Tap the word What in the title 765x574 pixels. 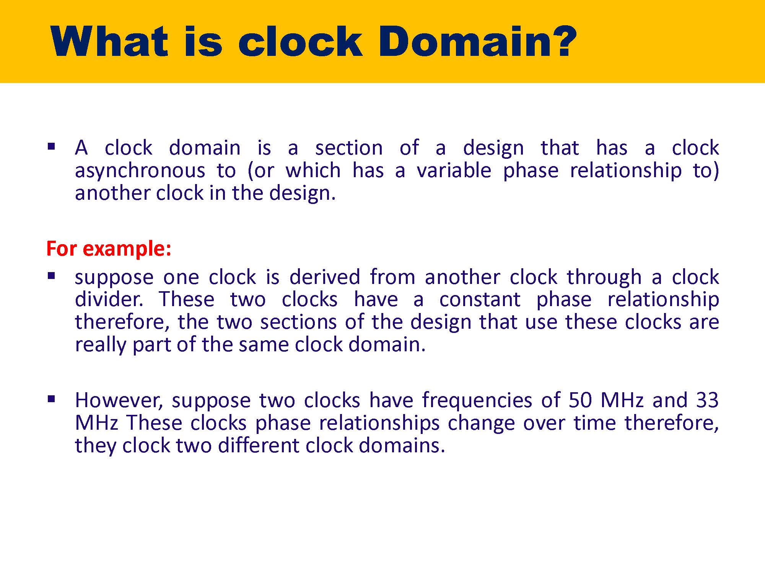[x=109, y=41]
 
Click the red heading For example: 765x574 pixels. [x=109, y=249]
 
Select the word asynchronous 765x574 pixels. [x=140, y=171]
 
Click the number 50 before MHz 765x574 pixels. [x=580, y=400]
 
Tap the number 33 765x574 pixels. [x=707, y=400]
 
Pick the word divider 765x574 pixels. [x=109, y=299]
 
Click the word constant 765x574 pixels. [x=480, y=300]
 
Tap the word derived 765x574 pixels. [x=325, y=277]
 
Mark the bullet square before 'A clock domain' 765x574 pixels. [x=51, y=146]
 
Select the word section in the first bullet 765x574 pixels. [x=349, y=148]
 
